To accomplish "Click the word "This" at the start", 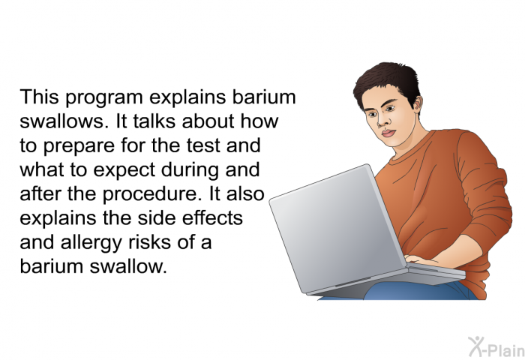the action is pyautogui.click(x=39, y=97).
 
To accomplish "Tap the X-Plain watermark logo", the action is pyautogui.click(x=496, y=347).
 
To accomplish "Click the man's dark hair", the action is pyautogui.click(x=388, y=81).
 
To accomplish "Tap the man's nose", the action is pyautogui.click(x=381, y=121).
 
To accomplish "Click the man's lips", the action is pyautogui.click(x=388, y=133).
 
